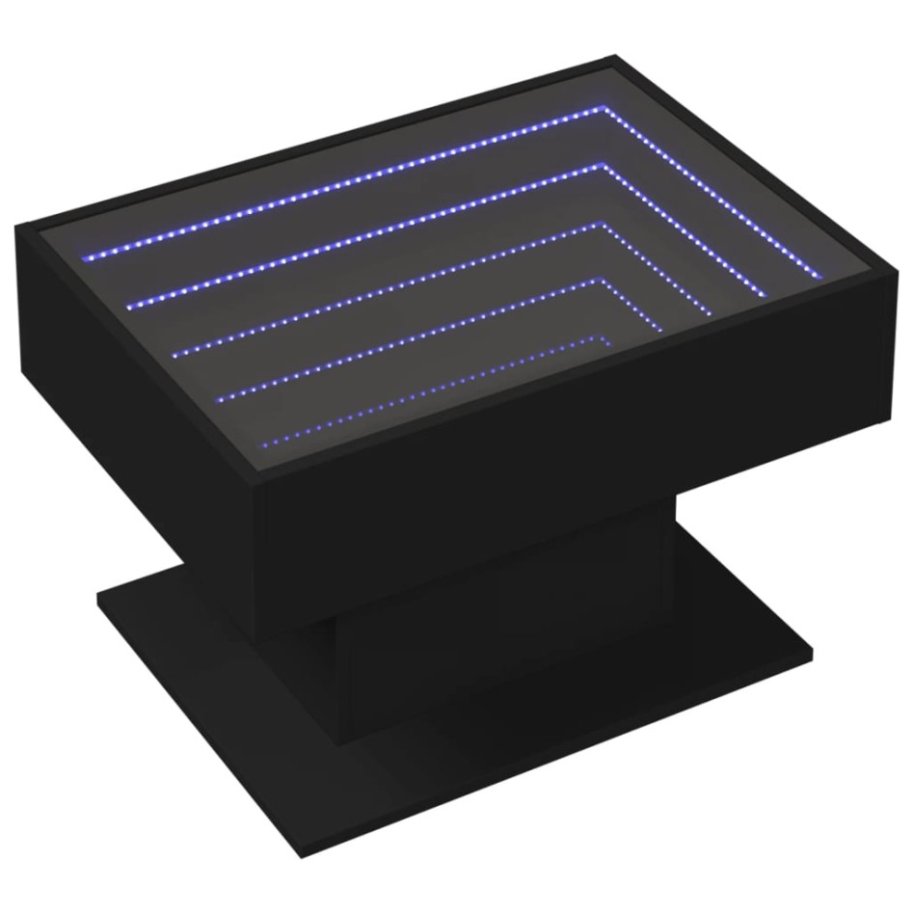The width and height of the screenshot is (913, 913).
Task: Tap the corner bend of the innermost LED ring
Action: click(x=605, y=337)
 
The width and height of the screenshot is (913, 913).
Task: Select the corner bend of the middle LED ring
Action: click(x=605, y=228)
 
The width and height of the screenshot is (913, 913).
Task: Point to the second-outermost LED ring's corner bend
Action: click(x=608, y=169)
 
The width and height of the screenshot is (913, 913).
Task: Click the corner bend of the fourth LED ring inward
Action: click(x=605, y=282)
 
